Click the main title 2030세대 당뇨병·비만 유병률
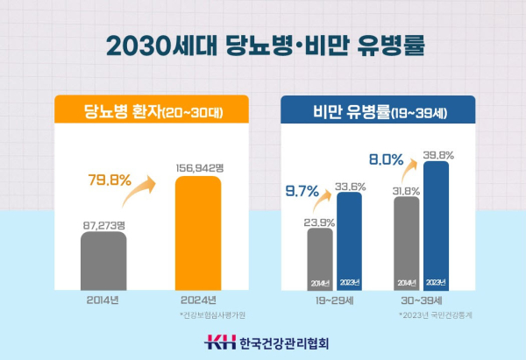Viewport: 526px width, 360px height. click(x=263, y=45)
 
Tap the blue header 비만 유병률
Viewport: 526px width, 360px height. click(x=377, y=111)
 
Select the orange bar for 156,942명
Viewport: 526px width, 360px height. click(x=201, y=232)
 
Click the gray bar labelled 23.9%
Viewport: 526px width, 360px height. click(x=320, y=258)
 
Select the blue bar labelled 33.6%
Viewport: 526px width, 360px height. click(x=349, y=241)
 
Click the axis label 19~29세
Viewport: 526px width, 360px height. click(x=334, y=300)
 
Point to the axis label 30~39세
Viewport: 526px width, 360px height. click(x=420, y=300)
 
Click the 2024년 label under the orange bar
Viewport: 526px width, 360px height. click(x=201, y=300)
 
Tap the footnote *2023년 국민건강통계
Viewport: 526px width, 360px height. click(x=435, y=314)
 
